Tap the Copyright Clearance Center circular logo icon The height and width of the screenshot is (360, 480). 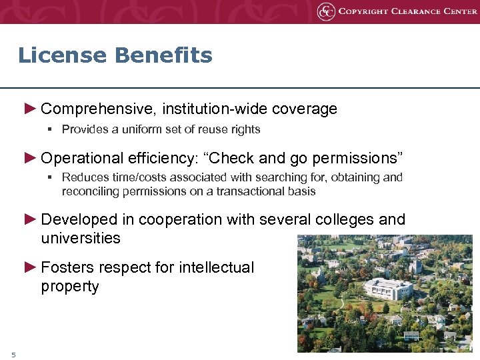point(325,11)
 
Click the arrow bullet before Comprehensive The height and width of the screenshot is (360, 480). point(30,108)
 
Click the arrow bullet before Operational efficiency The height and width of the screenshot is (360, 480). point(30,158)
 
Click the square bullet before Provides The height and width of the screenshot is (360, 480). point(50,129)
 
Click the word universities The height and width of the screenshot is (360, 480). point(81,238)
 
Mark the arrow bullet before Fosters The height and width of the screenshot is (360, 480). point(30,267)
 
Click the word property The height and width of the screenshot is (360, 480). point(69,287)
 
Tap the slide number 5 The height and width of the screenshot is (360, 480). point(13,353)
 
